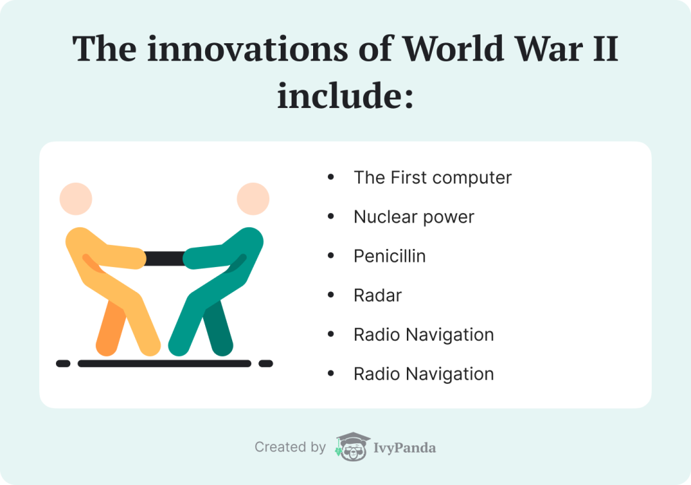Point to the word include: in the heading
coord(345,96)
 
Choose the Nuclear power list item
coord(414,217)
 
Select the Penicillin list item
coord(389,256)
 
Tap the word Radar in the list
coord(378,295)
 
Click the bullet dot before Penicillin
coord(330,256)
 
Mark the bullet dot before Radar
coord(330,295)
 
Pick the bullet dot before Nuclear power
coord(330,217)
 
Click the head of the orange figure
coord(76,198)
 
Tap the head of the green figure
coord(253,198)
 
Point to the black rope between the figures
coord(165,258)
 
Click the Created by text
coord(290,447)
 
